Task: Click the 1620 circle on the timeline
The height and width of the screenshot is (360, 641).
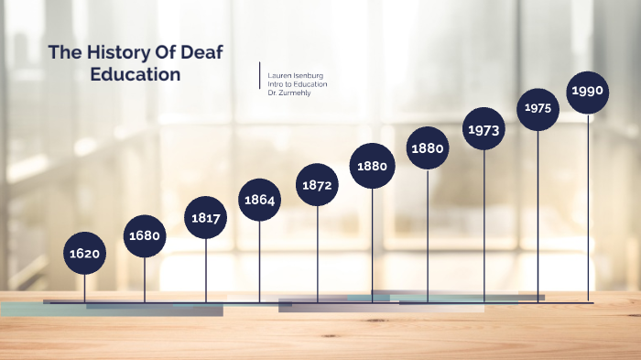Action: pos(85,253)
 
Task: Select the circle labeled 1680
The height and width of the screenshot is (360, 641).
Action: pos(145,235)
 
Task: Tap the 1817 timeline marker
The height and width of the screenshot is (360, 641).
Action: pos(205,217)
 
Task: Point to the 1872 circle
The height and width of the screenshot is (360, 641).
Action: pos(317,184)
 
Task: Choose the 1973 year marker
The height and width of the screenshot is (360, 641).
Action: pos(483,130)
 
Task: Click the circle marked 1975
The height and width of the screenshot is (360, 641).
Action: pos(538,108)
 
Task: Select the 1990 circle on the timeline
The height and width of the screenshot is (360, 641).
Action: pos(587,91)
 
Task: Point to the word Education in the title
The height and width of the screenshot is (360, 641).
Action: pos(136,74)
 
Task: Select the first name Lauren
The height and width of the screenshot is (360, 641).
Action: pos(278,75)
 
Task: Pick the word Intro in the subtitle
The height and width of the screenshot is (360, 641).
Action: pos(275,84)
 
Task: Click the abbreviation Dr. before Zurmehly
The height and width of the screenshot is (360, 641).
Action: pos(272,93)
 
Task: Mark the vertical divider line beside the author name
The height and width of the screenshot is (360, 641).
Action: pos(260,75)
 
